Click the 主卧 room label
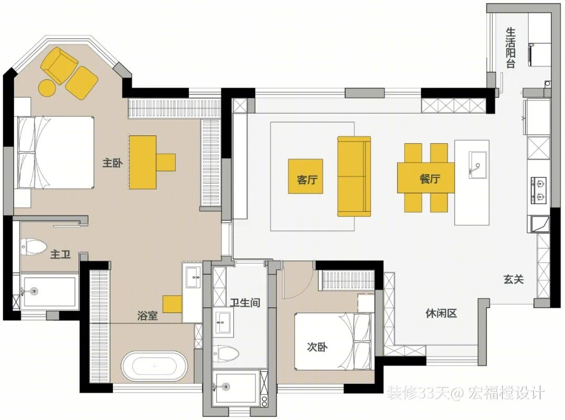point(112,163)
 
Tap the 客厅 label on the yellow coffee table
point(307,179)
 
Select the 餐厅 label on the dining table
point(430,178)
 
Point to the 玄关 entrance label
point(514,279)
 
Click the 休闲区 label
point(441,313)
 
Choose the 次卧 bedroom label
point(317,347)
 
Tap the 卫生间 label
point(245,302)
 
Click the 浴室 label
point(148,315)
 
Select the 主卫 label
point(60,254)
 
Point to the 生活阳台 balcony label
point(510,48)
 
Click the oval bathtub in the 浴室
point(154,366)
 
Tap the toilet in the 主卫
point(33,247)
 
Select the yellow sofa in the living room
point(354,176)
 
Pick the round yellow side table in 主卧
point(47,87)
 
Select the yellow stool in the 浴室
point(172,304)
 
